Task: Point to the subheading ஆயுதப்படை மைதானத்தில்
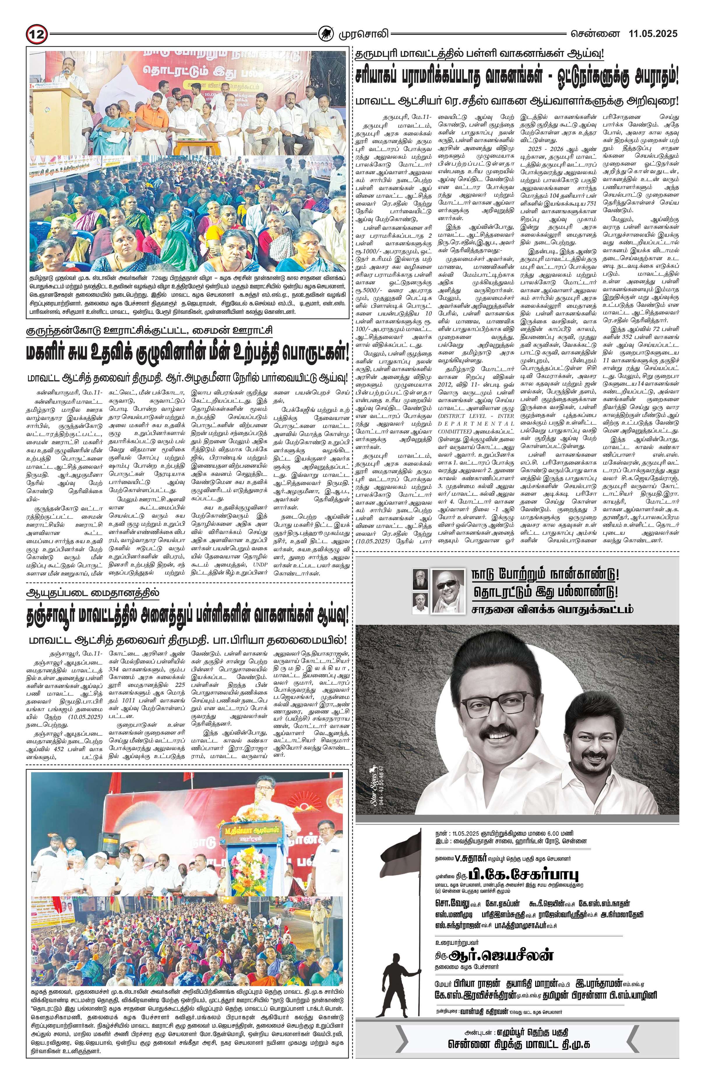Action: pos(94,593)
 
